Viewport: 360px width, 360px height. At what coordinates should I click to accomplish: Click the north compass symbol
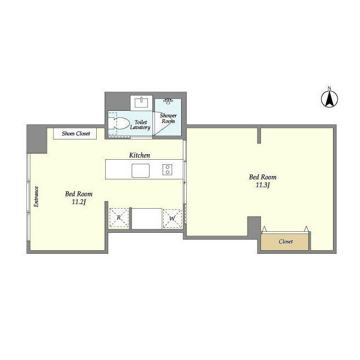point(329,99)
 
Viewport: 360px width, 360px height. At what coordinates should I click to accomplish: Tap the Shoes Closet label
point(76,133)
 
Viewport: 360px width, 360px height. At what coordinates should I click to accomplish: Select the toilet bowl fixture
point(119,123)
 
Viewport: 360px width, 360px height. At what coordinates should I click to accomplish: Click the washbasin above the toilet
point(141,102)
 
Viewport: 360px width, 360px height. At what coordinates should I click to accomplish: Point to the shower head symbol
point(168,101)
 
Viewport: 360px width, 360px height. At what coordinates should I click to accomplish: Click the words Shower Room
point(168,118)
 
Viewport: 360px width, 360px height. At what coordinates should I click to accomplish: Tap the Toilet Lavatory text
point(140,125)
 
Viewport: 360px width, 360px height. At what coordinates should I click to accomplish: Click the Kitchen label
point(139,155)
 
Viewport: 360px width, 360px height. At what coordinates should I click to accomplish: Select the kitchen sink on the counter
point(141,170)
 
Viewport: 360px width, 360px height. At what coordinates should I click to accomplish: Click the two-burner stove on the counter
point(168,170)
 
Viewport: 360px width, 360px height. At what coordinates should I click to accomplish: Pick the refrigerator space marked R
point(119,218)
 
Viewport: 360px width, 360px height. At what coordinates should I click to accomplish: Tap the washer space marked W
point(172,218)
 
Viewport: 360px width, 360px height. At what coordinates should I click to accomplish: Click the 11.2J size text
point(79,202)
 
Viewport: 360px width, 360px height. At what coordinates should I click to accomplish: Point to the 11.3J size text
point(263,185)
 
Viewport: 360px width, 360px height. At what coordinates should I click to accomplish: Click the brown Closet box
point(285,242)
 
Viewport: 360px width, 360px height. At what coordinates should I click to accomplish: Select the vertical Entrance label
point(36,196)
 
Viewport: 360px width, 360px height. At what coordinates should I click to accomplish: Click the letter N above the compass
point(329,88)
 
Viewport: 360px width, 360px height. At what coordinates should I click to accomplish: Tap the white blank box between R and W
point(147,218)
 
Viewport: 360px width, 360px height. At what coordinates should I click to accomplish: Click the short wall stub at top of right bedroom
point(259,136)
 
